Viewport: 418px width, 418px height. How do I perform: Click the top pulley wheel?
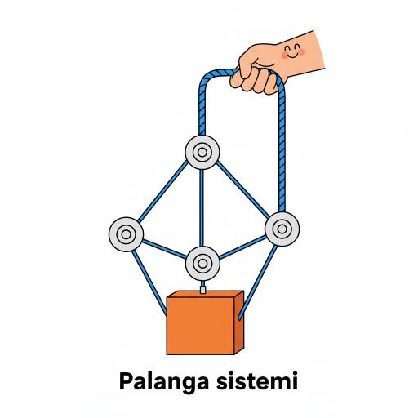click(202, 152)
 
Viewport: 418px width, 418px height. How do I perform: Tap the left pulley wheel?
click(126, 234)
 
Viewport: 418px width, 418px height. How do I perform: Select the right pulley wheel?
click(282, 229)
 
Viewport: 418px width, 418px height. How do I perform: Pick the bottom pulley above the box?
click(202, 264)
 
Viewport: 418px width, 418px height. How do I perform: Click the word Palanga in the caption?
click(164, 381)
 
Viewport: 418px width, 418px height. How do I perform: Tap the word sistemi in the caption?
click(257, 380)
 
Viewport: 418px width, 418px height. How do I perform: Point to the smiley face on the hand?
click(293, 51)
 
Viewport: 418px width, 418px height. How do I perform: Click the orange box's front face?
click(201, 326)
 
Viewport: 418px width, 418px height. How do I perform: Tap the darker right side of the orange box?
click(239, 322)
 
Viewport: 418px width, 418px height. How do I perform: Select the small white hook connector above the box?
click(202, 289)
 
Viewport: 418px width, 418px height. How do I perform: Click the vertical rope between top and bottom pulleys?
click(202, 208)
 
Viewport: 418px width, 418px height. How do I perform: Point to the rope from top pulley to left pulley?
click(162, 191)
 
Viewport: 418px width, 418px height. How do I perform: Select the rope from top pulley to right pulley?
click(242, 189)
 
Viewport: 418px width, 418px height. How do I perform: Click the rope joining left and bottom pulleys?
click(164, 249)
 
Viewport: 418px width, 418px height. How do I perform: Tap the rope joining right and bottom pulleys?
click(242, 247)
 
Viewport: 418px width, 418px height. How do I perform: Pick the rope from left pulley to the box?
click(149, 283)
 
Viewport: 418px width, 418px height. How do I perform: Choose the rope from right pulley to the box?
click(258, 282)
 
